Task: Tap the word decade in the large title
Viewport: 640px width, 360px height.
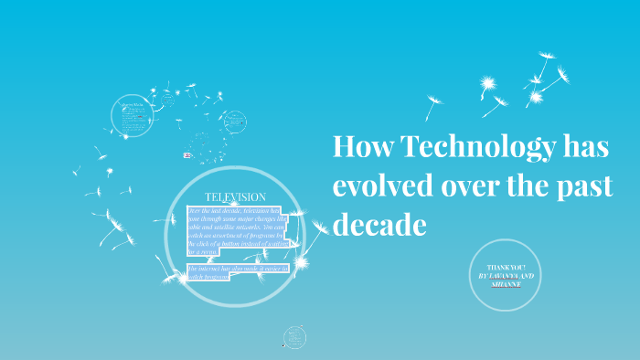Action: tap(379, 223)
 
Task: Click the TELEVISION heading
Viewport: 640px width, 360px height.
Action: tap(235, 196)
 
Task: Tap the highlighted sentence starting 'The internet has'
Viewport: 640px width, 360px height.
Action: tap(236, 271)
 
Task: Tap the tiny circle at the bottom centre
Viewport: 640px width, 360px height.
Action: tap(294, 337)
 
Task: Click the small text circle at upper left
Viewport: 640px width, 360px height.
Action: tap(130, 115)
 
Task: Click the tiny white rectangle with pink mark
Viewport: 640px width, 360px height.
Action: tap(187, 155)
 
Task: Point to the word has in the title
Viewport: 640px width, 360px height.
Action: tap(586, 148)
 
